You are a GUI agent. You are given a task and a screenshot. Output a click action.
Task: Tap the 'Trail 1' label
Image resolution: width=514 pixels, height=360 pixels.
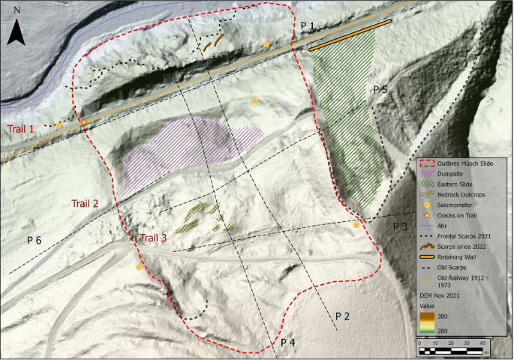(x=21, y=129)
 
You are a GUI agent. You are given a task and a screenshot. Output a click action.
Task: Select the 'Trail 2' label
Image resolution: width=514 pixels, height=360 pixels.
(x=85, y=203)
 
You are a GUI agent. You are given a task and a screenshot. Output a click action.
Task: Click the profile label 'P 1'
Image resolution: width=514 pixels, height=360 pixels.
(x=308, y=26)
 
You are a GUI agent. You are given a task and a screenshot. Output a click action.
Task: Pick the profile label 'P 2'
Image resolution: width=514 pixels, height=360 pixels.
(x=342, y=316)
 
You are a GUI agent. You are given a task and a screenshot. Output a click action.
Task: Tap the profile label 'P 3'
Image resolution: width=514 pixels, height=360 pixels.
(x=400, y=226)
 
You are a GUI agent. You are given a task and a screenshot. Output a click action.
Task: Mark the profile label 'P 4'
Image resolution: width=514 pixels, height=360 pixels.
(x=288, y=342)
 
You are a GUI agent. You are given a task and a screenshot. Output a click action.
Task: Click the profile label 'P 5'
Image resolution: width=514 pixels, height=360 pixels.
(x=380, y=89)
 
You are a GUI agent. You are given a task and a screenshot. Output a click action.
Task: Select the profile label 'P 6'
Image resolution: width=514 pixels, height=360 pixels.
(x=34, y=240)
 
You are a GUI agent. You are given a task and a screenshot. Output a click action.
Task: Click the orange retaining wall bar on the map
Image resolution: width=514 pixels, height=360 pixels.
(x=350, y=35)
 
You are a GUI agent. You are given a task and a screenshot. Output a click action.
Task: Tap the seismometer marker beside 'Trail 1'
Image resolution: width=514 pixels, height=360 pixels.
(x=59, y=125)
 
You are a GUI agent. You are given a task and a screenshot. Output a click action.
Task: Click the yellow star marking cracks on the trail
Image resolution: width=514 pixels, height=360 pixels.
(x=84, y=123)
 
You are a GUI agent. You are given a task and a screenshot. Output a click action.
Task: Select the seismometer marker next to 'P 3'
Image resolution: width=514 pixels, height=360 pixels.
(x=356, y=223)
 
